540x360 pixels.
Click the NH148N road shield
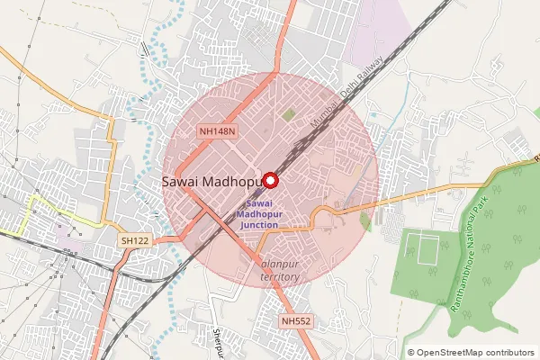point(218,131)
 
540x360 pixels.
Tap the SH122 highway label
point(135,240)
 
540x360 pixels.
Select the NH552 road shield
point(295,320)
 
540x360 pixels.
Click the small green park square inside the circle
point(288,114)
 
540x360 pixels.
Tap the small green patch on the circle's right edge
point(365,220)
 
